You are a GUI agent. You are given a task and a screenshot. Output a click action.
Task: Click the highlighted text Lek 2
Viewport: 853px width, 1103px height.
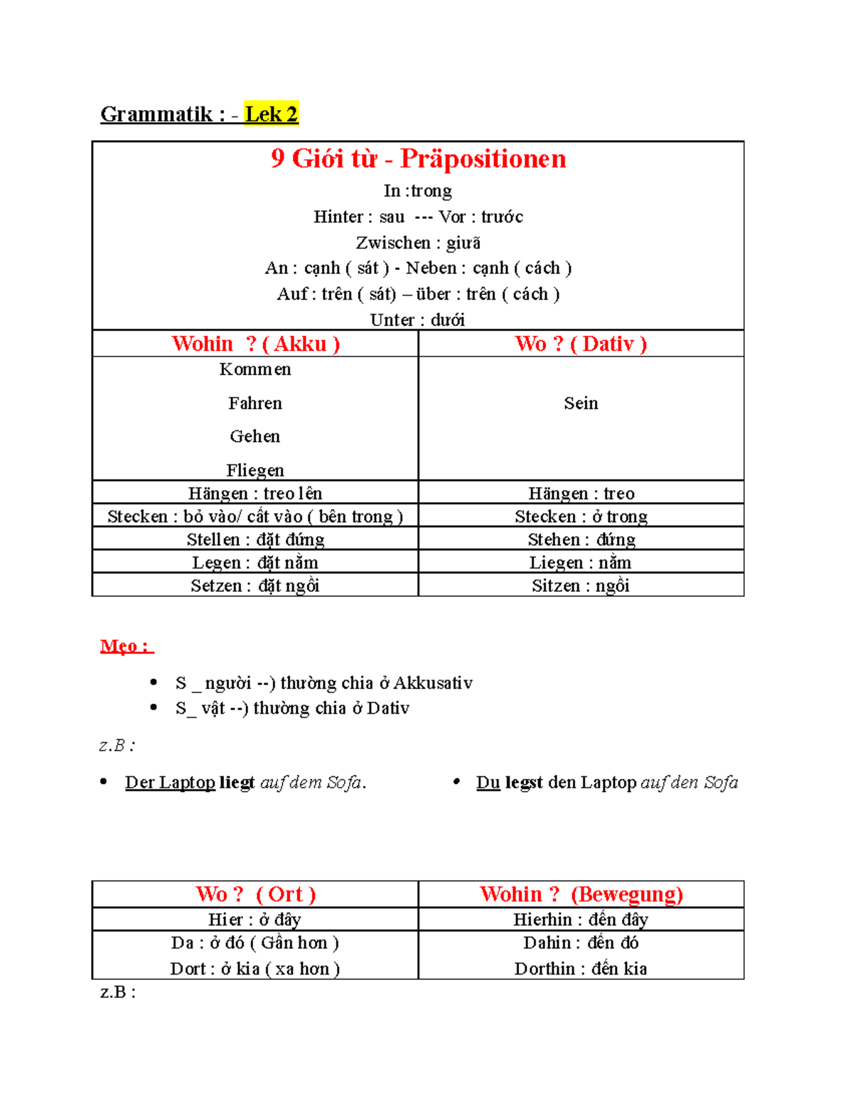click(271, 114)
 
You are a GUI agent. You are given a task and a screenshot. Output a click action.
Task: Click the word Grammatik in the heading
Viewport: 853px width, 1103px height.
click(156, 114)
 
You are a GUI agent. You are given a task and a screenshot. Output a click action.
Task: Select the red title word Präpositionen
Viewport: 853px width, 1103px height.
click(483, 158)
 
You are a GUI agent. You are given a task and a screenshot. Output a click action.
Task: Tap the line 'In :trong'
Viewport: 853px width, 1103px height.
click(418, 191)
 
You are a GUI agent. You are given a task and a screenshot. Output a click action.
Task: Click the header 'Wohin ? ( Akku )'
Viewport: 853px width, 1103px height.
click(255, 344)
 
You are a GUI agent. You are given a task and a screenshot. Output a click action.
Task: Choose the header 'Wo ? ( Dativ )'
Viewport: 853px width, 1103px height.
click(581, 344)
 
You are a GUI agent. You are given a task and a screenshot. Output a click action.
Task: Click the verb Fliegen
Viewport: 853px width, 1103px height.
click(255, 470)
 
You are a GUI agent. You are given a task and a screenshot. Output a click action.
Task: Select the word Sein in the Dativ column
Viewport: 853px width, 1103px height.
click(581, 403)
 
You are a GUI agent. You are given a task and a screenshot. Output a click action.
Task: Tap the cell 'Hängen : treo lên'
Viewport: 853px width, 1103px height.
click(255, 494)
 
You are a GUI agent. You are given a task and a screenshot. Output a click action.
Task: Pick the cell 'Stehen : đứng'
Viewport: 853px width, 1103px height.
click(581, 540)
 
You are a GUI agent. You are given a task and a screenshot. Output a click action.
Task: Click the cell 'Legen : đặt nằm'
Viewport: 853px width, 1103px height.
click(255, 563)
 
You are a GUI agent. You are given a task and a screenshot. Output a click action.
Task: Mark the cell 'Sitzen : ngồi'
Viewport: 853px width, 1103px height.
click(581, 586)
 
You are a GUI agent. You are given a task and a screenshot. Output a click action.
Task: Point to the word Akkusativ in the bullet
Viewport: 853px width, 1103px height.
click(433, 683)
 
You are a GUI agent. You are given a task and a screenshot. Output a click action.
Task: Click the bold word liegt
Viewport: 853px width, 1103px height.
click(237, 783)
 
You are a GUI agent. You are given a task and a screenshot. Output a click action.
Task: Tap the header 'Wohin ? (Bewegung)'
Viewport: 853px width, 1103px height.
click(581, 894)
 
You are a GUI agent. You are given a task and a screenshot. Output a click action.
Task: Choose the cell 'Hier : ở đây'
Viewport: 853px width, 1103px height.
click(255, 920)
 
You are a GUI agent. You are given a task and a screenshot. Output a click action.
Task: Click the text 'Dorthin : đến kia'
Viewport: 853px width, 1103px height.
click(581, 969)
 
